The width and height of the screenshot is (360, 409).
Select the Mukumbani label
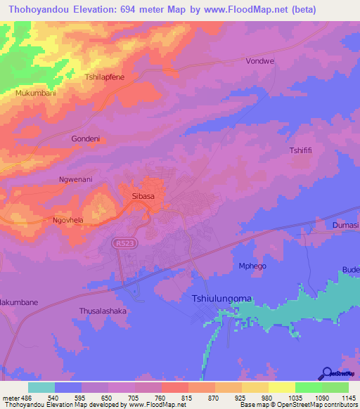click(34, 93)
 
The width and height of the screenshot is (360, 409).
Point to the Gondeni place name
click(86, 138)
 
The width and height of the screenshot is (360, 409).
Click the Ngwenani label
click(75, 179)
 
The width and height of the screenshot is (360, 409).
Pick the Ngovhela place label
click(69, 220)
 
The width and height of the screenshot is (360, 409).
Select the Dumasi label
click(345, 225)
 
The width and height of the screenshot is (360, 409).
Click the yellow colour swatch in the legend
click(281, 387)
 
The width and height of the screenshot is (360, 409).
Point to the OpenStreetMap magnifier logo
click(327, 373)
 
